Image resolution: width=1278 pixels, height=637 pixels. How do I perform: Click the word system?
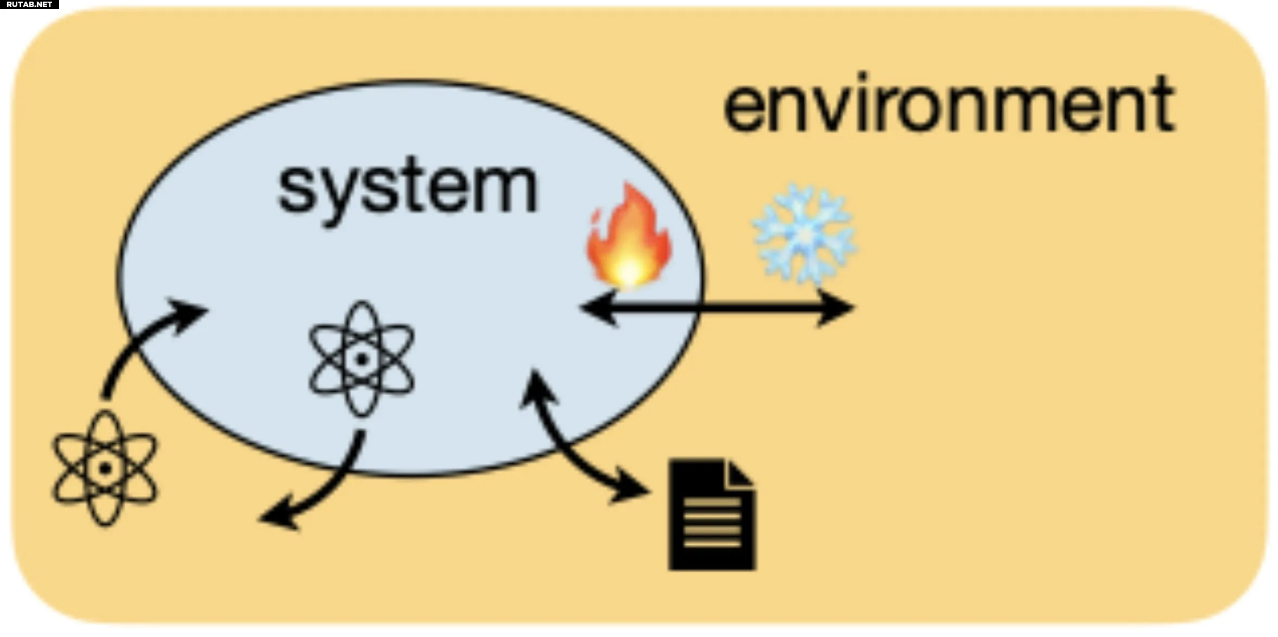(407, 187)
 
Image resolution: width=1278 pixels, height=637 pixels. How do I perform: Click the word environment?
(949, 104)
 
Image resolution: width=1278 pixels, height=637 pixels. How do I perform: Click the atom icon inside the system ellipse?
(362, 359)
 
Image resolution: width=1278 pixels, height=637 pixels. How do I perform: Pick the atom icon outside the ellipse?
(104, 468)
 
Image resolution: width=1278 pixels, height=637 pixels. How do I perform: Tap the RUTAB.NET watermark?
(29, 4)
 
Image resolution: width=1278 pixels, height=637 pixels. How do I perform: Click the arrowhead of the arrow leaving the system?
(277, 518)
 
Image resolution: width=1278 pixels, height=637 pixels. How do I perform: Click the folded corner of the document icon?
(739, 472)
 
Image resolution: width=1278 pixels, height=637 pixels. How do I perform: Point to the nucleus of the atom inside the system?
(362, 359)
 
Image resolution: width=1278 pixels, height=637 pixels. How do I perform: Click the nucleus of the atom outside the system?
(104, 468)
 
